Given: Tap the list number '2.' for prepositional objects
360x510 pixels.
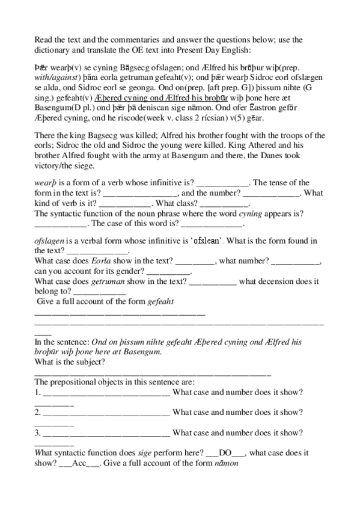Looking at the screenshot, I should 37,412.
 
